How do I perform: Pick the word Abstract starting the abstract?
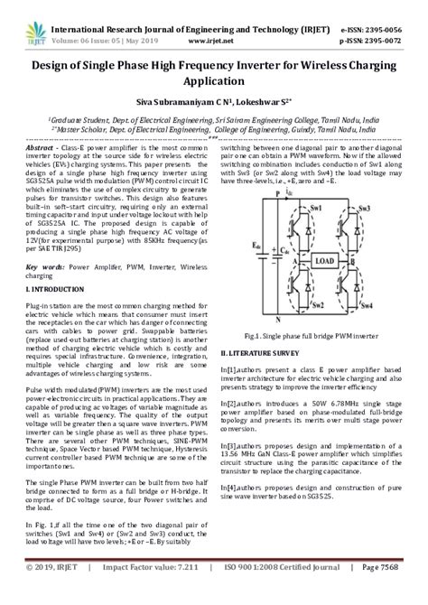pos(42,145)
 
